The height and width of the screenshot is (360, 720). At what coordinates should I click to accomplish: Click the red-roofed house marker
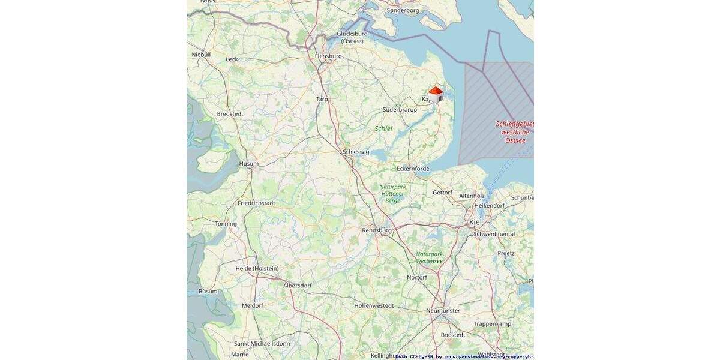click(436, 94)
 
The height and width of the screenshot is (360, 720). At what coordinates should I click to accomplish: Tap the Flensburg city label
click(328, 56)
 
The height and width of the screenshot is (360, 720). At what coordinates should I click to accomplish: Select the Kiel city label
click(475, 222)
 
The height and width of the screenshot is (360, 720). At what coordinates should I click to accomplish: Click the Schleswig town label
click(356, 152)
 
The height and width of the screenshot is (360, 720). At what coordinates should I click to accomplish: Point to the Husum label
click(248, 163)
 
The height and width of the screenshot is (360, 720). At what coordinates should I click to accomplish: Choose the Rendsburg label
click(377, 230)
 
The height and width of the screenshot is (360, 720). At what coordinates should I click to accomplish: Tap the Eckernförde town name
click(413, 169)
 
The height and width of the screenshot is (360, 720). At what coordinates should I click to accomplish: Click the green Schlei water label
click(383, 128)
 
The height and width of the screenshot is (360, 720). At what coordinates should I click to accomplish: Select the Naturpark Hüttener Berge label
click(392, 193)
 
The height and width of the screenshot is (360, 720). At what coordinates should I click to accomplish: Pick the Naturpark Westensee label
click(430, 257)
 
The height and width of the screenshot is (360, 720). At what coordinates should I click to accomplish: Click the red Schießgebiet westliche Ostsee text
click(514, 132)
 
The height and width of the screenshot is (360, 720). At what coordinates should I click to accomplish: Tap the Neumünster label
click(443, 310)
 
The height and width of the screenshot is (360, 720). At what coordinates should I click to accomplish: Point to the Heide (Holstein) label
click(257, 268)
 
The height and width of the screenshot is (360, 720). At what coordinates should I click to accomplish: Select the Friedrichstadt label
click(256, 203)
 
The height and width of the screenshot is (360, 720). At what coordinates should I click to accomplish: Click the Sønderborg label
click(403, 10)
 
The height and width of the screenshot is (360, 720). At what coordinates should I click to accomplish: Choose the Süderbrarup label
click(400, 109)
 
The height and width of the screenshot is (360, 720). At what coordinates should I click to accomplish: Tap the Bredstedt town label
click(230, 113)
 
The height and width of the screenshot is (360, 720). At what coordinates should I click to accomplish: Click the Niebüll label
click(201, 54)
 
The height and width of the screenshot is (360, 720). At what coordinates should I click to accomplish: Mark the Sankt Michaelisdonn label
click(262, 343)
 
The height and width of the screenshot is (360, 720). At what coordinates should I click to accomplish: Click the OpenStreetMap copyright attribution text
click(465, 356)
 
